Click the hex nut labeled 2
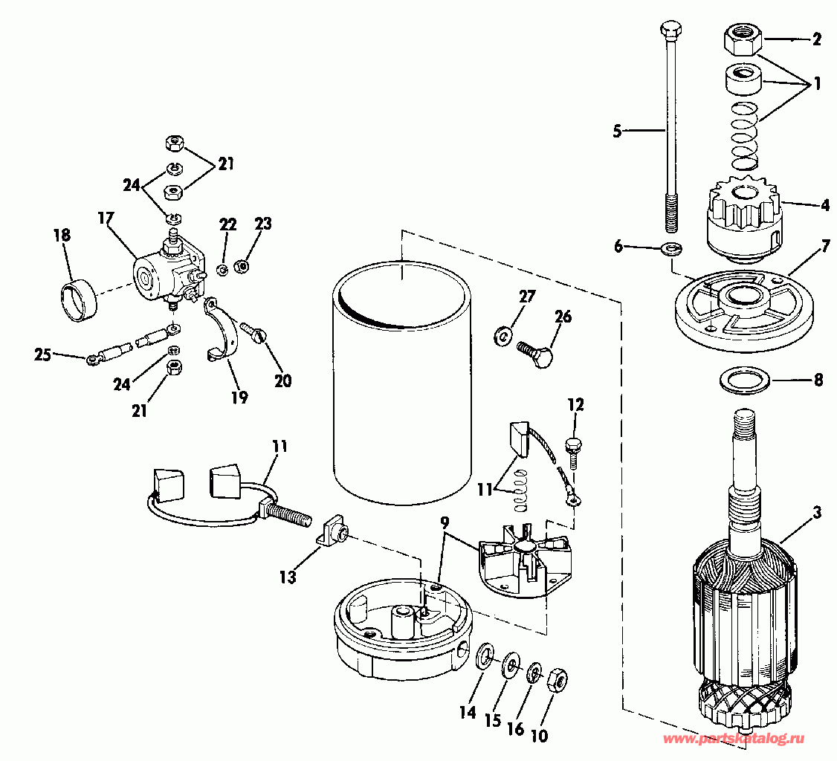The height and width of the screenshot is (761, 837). (x=741, y=41)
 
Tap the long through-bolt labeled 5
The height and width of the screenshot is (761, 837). (x=670, y=127)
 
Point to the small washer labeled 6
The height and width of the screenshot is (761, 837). (x=670, y=248)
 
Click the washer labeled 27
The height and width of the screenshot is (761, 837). (x=502, y=336)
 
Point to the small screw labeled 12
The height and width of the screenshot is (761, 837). (x=572, y=453)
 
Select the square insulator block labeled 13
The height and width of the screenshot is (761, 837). (x=332, y=531)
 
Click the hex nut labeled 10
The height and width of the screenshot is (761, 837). (x=557, y=680)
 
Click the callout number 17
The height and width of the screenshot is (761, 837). (x=106, y=218)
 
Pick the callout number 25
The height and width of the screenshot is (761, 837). (x=42, y=354)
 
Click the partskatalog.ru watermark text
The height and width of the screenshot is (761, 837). (x=734, y=739)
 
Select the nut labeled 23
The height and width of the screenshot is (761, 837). (x=242, y=265)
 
